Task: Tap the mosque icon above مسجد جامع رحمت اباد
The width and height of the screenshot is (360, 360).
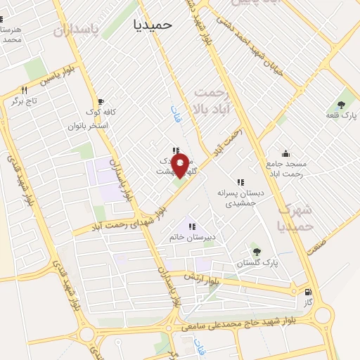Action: (285, 153)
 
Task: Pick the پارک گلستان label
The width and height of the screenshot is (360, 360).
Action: (258, 262)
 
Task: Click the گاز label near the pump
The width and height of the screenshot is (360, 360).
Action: (307, 304)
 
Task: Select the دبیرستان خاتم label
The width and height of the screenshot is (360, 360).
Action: (192, 237)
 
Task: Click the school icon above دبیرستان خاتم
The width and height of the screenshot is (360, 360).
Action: (190, 226)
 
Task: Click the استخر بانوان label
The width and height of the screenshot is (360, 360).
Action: (87, 125)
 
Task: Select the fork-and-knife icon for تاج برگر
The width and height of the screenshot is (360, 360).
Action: (25, 90)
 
